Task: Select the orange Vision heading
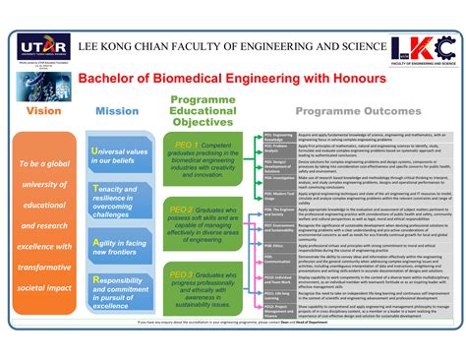[43, 111]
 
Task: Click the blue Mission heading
[117, 111]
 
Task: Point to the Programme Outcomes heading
[359, 112]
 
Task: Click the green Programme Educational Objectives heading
[202, 111]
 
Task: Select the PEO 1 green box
[203, 161]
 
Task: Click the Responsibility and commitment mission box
[120, 293]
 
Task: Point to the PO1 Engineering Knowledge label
[278, 136]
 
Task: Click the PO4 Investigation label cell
[278, 178]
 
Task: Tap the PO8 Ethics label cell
[278, 245]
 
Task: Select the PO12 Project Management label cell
[278, 308]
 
